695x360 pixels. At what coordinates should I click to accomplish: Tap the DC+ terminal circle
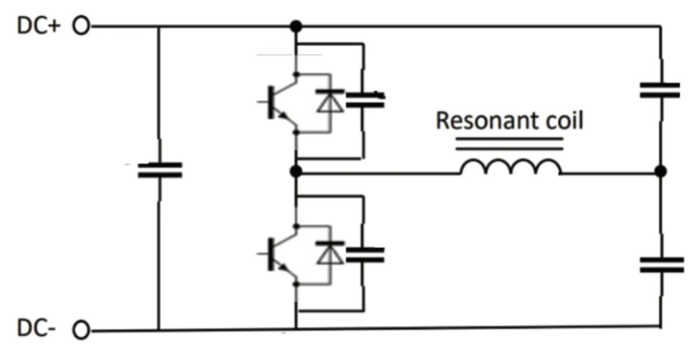point(82,26)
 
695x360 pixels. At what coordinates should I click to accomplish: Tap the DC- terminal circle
point(82,331)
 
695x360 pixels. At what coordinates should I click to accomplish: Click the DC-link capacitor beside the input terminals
point(159,170)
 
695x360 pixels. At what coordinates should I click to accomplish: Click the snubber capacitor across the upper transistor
point(364,100)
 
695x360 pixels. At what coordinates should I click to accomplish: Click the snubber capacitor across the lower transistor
point(364,254)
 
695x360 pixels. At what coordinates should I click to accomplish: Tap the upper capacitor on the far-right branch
point(660,90)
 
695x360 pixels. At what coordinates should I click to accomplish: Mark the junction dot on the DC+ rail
point(296,26)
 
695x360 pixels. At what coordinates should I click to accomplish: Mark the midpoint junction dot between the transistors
point(296,171)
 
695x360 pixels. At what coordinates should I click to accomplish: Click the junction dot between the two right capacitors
point(660,171)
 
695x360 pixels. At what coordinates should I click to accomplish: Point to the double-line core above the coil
point(509,143)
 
